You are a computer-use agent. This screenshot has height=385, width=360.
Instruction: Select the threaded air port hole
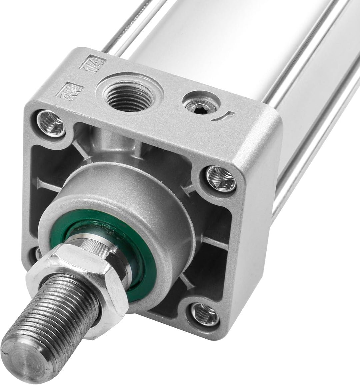click(129, 94)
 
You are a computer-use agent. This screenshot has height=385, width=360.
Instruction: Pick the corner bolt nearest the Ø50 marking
click(51, 124)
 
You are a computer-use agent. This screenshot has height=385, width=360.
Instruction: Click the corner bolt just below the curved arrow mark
click(220, 178)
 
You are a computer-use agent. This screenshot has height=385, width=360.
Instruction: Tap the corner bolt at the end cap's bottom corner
click(205, 313)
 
